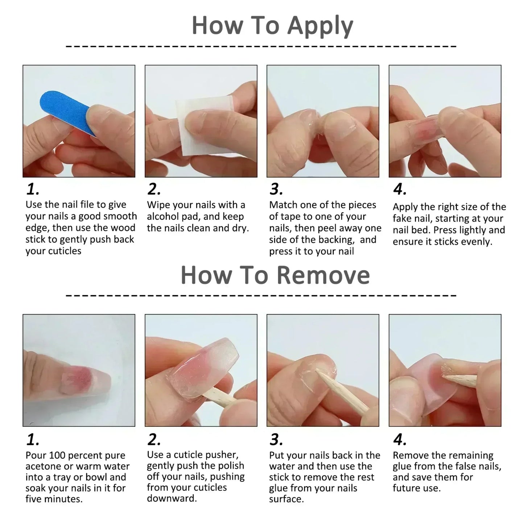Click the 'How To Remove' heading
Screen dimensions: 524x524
[275, 275]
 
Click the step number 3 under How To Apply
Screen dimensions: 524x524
[276, 189]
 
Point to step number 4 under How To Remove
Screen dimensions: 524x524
[399, 440]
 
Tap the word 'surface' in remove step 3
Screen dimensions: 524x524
[286, 499]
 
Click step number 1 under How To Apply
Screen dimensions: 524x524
[33, 189]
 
